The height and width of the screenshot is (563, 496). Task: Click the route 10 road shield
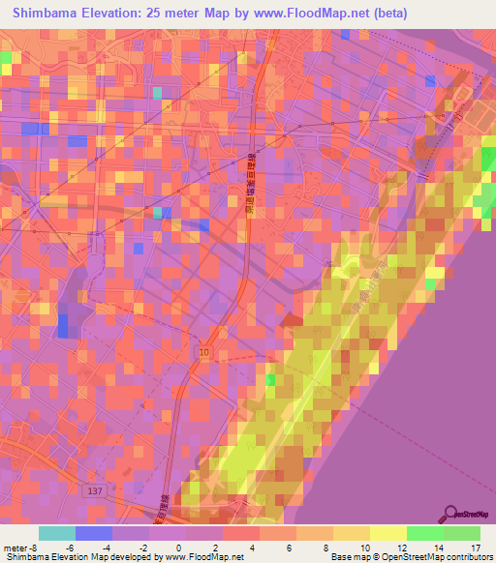click(x=202, y=352)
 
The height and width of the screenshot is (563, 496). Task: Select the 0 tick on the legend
click(x=178, y=548)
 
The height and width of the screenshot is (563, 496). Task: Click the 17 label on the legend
click(x=476, y=548)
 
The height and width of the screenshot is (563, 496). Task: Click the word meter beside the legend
click(x=14, y=548)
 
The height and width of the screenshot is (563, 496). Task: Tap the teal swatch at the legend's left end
click(x=57, y=533)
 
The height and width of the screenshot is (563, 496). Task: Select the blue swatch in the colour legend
click(x=94, y=533)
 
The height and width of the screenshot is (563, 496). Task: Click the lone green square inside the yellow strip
click(x=269, y=379)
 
